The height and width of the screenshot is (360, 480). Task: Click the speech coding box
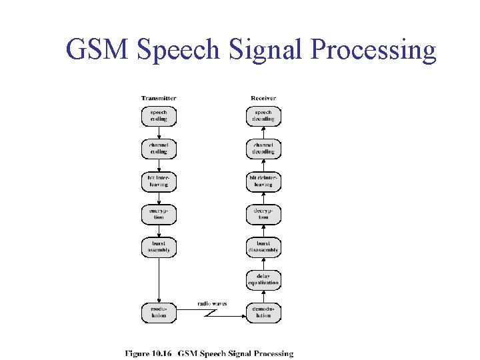(x=159, y=116)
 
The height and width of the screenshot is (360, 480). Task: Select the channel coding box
(x=159, y=148)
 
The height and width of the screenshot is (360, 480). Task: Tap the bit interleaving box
(x=159, y=181)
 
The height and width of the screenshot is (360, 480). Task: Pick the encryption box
(x=159, y=213)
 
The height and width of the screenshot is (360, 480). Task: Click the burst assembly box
(x=159, y=247)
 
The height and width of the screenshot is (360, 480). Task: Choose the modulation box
(x=159, y=312)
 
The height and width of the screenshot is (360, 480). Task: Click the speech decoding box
(x=263, y=116)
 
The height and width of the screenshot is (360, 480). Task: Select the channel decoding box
(x=263, y=148)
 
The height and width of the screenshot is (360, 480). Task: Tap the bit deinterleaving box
(x=263, y=181)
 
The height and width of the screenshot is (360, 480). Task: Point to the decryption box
(x=263, y=213)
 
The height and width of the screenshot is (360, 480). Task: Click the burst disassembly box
(x=263, y=247)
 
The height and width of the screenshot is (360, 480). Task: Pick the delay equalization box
(x=263, y=279)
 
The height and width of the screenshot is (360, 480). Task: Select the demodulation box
(x=263, y=312)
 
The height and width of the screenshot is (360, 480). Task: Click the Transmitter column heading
(x=159, y=98)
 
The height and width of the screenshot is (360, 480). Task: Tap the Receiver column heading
(x=263, y=98)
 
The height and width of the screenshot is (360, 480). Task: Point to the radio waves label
(x=212, y=303)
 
